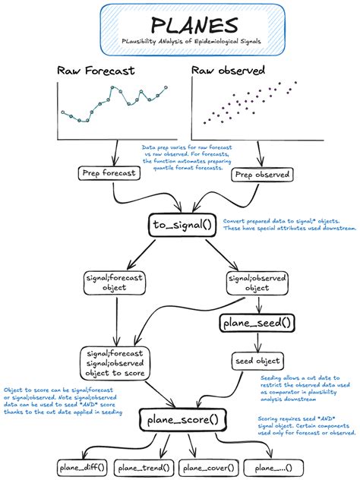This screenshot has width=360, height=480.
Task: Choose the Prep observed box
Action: (263, 175)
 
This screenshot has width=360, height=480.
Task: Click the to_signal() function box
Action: (182, 225)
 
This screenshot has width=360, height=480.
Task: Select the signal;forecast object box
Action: (115, 283)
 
